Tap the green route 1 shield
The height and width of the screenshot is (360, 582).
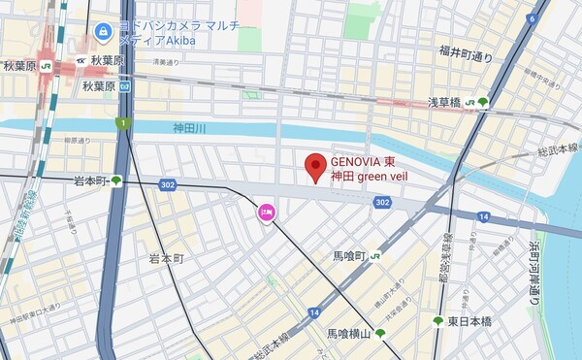[123, 122]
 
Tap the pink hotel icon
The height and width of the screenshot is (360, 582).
[265, 212]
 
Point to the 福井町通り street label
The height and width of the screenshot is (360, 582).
[467, 53]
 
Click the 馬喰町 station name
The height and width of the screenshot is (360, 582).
[348, 256]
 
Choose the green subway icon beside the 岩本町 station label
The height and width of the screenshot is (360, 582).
[116, 180]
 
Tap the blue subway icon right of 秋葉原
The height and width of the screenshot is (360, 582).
[138, 85]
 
